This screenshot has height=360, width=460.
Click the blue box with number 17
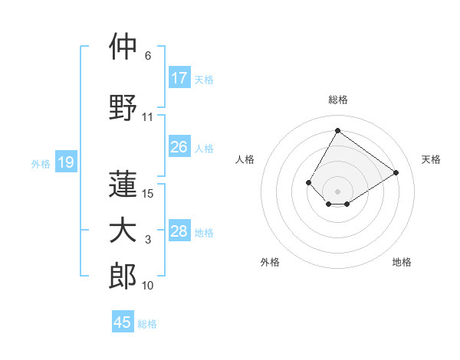click(179, 78)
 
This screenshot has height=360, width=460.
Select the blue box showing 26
click(179, 147)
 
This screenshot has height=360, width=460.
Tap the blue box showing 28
click(179, 231)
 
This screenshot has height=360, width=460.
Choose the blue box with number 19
click(65, 162)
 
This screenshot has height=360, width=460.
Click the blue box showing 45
click(123, 322)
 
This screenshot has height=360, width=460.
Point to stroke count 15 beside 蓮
click(149, 193)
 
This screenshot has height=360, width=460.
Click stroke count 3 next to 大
click(148, 241)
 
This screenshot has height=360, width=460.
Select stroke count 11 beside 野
click(148, 117)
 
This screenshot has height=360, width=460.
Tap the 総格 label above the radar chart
click(337, 100)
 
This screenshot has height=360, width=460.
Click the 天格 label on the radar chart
click(431, 159)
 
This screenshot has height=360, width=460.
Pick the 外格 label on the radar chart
click(270, 262)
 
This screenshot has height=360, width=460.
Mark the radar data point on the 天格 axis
click(396, 172)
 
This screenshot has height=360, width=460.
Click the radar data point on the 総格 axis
click(337, 130)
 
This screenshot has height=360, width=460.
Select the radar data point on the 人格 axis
click(309, 182)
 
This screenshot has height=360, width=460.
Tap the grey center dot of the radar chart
click(337, 191)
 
